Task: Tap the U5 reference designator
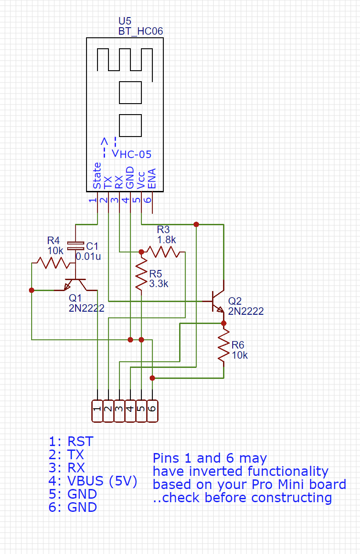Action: [125, 21]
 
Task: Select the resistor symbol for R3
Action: [163, 252]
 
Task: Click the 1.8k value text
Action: [166, 240]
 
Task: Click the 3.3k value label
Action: [158, 284]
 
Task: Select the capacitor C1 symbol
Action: [76, 244]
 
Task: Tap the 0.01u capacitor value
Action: [88, 256]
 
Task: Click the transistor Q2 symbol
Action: [217, 301]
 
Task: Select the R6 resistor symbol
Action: [224, 347]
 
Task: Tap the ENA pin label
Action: [152, 179]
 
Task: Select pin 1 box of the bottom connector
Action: [97, 411]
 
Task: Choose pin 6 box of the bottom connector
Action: [152, 411]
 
